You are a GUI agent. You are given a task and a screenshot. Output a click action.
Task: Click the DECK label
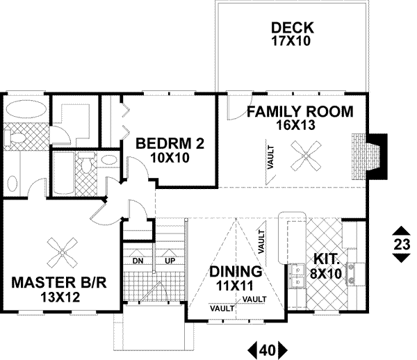tap(292, 28)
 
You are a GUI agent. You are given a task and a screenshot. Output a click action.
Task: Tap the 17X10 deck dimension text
tap(292, 42)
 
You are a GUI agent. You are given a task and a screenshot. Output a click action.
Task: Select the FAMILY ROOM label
tap(300, 111)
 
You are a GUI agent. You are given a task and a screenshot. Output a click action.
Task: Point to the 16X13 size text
tap(300, 125)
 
